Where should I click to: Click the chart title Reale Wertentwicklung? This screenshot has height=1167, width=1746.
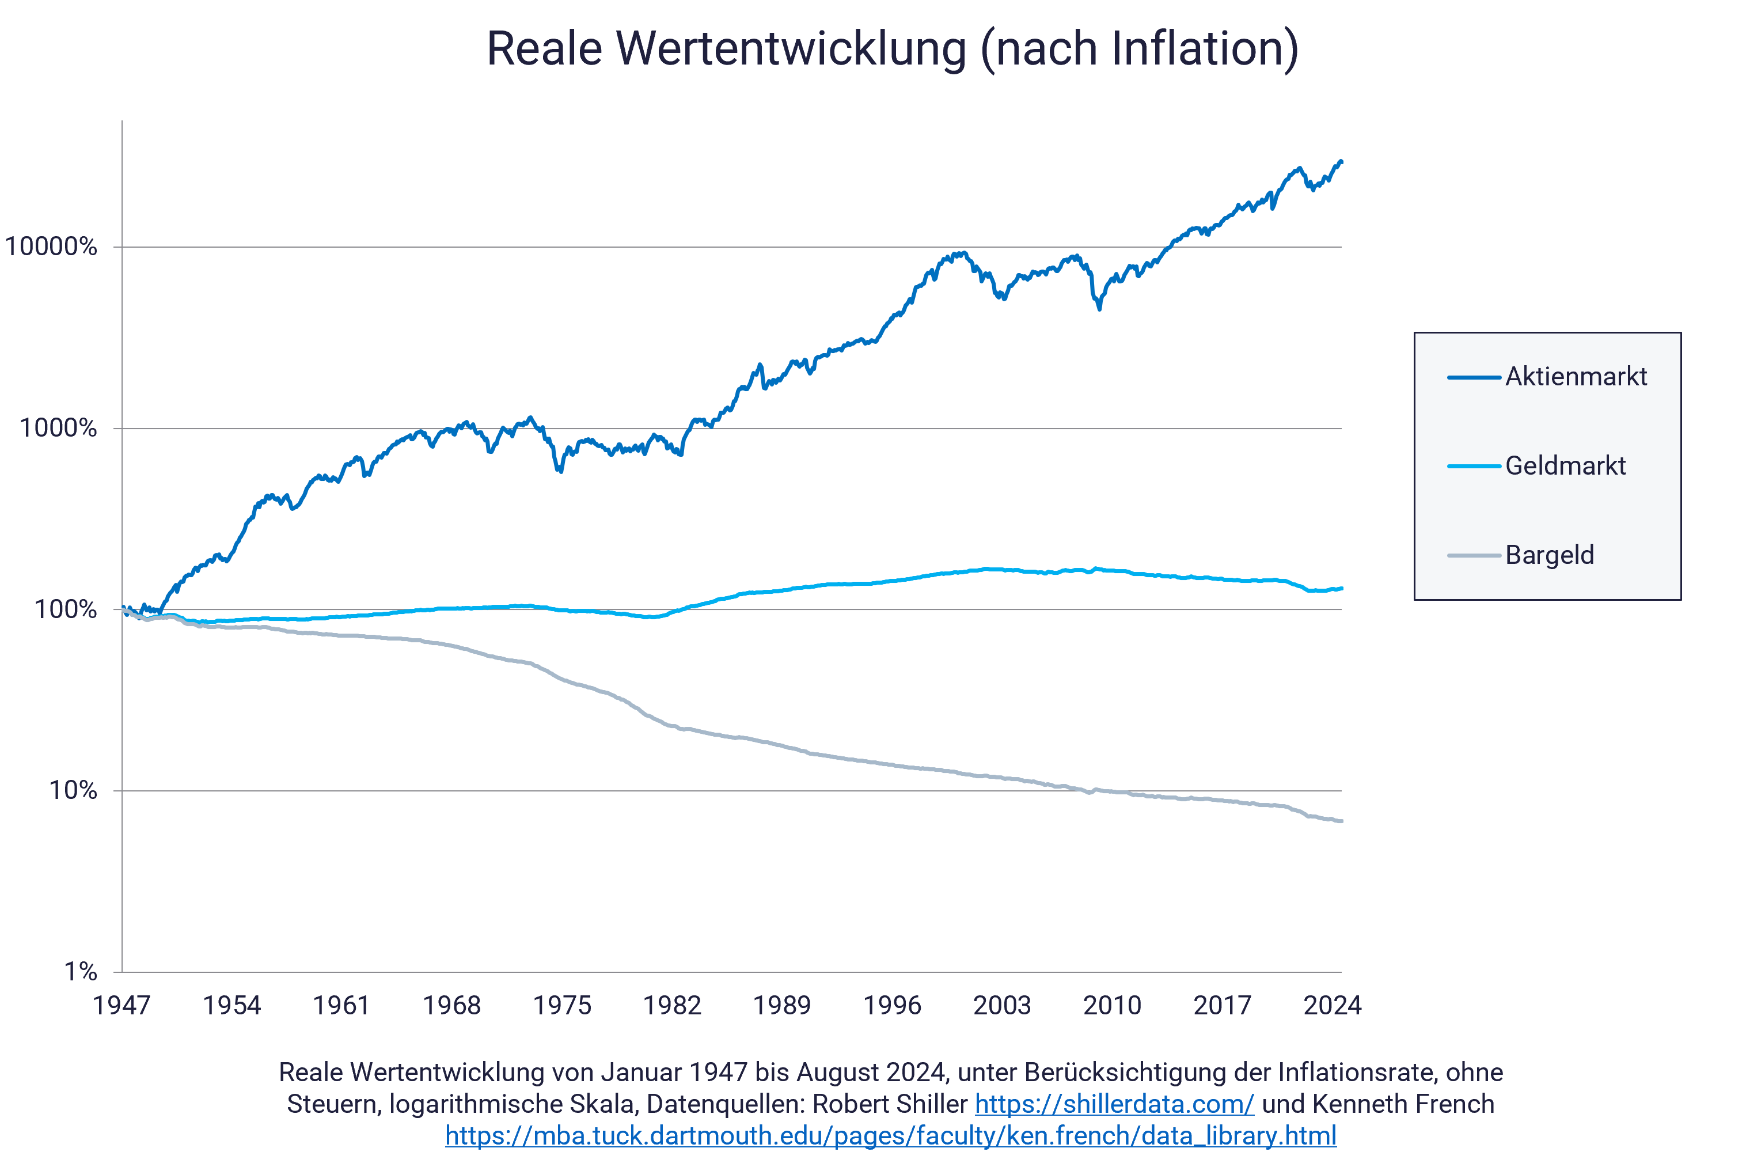892,49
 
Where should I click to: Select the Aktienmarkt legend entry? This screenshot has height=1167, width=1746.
1575,377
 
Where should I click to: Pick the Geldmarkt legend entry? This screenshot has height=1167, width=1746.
1565,467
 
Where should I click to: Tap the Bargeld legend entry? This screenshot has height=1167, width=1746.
1549,556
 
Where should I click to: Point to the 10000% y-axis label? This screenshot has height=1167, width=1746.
51,247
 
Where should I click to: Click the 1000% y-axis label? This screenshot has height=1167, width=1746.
58,429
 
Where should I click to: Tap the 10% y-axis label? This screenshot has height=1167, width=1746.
73,791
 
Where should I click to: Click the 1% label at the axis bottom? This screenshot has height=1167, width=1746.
81,972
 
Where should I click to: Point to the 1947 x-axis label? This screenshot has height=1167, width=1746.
122,1006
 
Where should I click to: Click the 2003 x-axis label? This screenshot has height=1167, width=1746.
1002,1006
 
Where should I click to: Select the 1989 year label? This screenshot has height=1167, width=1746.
782,1006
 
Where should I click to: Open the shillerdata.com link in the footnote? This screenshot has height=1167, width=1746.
1114,1104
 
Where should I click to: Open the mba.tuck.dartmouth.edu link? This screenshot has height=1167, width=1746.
890,1136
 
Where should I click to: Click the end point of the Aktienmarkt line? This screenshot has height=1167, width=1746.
1341,161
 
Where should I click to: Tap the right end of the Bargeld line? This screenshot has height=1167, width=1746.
1341,821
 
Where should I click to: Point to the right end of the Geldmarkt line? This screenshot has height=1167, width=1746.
1341,589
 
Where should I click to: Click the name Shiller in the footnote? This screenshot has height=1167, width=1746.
933,1104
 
